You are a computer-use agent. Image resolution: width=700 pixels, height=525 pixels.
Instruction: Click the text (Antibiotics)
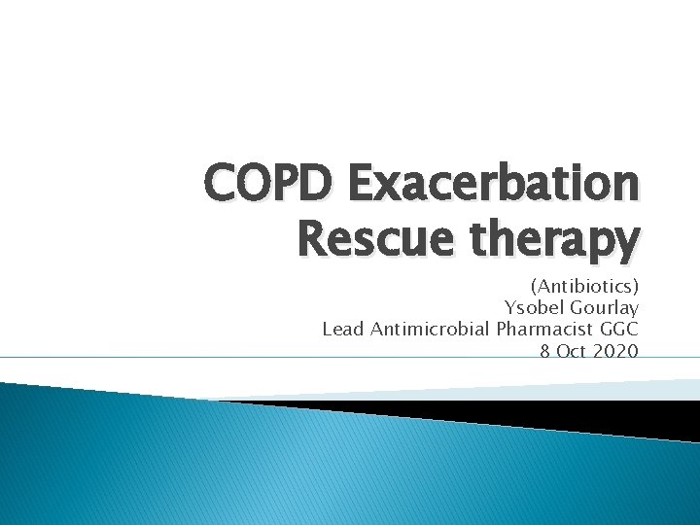click(x=584, y=287)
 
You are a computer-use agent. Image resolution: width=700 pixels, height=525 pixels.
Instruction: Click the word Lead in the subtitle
click(x=342, y=329)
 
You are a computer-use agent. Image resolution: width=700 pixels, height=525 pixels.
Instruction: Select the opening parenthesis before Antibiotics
click(x=534, y=288)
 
